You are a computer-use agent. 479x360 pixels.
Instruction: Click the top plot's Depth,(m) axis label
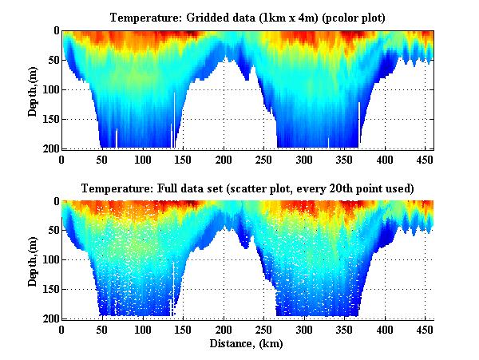tap(33, 89)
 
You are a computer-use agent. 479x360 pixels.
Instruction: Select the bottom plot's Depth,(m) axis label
tap(33, 260)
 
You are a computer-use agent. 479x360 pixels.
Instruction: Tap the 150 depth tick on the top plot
tap(49, 119)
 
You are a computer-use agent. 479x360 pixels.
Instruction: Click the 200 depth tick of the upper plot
tap(49, 148)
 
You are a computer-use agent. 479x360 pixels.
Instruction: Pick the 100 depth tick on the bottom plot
tap(49, 260)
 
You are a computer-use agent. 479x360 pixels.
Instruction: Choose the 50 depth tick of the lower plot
tap(51, 231)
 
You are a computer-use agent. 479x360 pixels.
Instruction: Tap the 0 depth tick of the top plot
tap(54, 31)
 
